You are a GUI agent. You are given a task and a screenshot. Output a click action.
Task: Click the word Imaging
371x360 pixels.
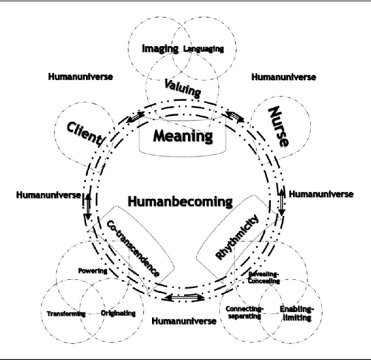point(160,49)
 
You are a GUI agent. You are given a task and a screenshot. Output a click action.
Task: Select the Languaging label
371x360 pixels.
point(203,49)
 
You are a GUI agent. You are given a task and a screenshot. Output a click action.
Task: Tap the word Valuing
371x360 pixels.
point(183,88)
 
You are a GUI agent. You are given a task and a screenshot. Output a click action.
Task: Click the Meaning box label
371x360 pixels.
point(183,136)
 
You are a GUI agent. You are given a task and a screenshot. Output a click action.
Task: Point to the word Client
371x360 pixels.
point(86,134)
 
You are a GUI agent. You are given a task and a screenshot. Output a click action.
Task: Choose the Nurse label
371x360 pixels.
point(279,127)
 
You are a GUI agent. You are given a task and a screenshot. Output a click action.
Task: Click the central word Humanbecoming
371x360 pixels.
point(180,201)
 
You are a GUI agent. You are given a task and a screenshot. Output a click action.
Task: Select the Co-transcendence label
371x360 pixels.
point(133,248)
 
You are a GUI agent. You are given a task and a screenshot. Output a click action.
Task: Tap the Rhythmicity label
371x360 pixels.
point(237,237)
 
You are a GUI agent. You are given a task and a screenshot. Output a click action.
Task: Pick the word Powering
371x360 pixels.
point(93,271)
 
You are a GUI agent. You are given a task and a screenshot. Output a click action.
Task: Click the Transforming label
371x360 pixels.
point(66,314)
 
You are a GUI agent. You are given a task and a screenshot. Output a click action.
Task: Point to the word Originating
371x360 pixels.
point(118,313)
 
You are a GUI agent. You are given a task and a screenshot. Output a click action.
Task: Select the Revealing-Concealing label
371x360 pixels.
point(264,278)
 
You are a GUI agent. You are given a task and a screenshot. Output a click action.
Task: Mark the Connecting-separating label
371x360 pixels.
point(245,312)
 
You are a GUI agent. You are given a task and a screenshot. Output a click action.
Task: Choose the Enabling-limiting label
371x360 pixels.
point(297,313)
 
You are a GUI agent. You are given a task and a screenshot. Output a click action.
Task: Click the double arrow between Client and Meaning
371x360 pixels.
point(136,117)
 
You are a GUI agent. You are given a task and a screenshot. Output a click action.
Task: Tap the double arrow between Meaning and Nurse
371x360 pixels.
point(234,117)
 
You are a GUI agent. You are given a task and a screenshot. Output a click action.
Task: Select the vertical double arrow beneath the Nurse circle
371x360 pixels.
point(282,201)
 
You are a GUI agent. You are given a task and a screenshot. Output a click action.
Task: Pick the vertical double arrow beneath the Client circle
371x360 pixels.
point(88,206)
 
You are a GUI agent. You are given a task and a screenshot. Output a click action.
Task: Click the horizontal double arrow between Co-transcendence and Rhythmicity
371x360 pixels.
point(185,298)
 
